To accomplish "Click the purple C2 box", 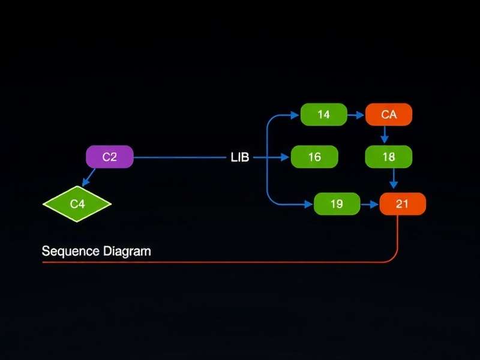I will pos(109,157).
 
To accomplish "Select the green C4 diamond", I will pos(77,203).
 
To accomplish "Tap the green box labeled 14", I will pos(323,114).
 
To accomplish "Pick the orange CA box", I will pos(389,114).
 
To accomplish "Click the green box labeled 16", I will pos(314,157).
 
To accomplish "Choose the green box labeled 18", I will pos(389,157).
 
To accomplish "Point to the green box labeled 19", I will pos(337,204).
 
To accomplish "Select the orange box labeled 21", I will pos(403,204).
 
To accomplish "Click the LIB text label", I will pos(239,158).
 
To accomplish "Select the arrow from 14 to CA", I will pos(356,114).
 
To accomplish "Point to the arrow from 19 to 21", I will pos(370,205).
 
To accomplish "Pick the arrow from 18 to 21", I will pos(393,179).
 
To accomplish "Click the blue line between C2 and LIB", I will pos(180,158).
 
